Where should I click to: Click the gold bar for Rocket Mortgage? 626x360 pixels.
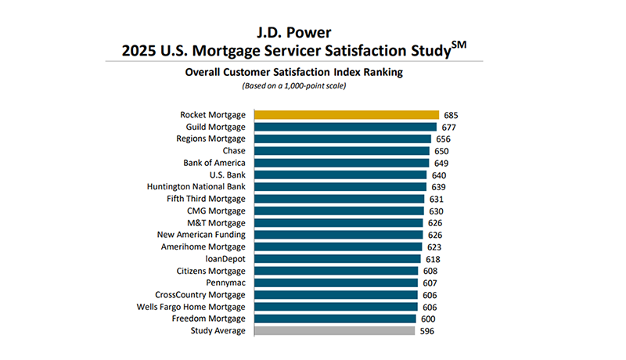346,115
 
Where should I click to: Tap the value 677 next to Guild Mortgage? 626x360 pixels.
448,127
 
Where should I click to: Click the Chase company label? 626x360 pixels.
233,151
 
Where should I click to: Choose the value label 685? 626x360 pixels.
450,115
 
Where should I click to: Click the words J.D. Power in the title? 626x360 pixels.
296,34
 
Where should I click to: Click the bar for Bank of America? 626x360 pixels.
342,163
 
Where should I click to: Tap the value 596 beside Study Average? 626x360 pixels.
426,331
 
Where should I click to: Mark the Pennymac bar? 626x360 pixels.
335,283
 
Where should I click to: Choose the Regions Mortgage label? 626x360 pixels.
210,139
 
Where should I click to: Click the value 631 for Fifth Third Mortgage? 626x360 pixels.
436,199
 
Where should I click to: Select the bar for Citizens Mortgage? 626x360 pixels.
335,271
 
